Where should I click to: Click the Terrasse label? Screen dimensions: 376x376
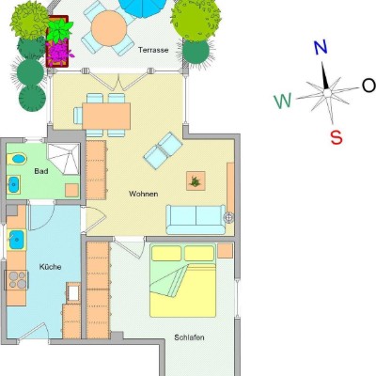153,50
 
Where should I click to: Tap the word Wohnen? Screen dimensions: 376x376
143,194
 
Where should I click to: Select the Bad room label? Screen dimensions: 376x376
41,171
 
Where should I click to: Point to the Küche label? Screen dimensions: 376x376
50,267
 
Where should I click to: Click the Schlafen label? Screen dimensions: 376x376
189,337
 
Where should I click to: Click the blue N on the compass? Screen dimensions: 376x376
321,48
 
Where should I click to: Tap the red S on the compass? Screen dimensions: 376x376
337,137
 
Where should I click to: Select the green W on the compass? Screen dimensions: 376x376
283,101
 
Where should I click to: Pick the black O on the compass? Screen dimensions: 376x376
368,86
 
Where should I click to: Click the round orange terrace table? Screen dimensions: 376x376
109,28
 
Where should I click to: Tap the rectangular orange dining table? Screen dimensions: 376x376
106,116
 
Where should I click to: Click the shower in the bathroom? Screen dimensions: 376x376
63,159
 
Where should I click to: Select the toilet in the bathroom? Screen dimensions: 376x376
17,159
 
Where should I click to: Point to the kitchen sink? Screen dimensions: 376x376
16,240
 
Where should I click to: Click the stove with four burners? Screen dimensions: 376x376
17,280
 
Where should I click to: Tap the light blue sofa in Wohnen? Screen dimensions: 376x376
196,220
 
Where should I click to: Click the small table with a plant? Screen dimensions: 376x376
196,180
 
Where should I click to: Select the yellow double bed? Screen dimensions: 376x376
183,281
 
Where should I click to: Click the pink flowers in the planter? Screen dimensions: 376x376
58,51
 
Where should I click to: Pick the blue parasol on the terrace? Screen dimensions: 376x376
144,8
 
